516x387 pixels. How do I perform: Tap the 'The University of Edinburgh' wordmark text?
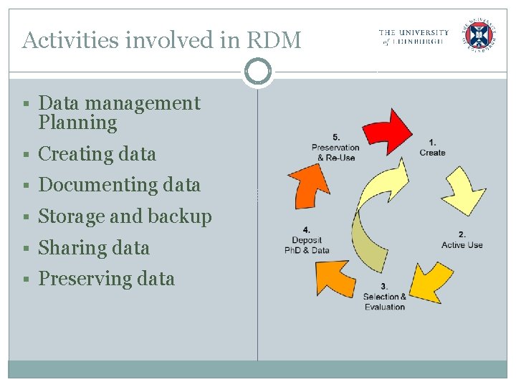coord(414,37)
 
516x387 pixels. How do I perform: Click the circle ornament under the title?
coord(257,72)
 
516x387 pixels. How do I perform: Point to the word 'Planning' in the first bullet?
coord(77,123)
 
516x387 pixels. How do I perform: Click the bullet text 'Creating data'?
coord(97,154)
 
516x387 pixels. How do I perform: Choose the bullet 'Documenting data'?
coord(119,185)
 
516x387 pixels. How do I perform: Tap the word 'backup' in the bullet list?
coord(181,216)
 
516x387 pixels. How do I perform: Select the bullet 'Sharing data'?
coord(94,248)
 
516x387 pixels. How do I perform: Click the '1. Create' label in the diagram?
coord(432,148)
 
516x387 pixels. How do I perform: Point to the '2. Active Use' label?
coord(462,240)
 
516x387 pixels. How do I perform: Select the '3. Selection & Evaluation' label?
coord(385,297)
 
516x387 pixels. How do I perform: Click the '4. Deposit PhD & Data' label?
coord(307,240)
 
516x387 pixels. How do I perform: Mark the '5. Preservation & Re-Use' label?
coord(335,148)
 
